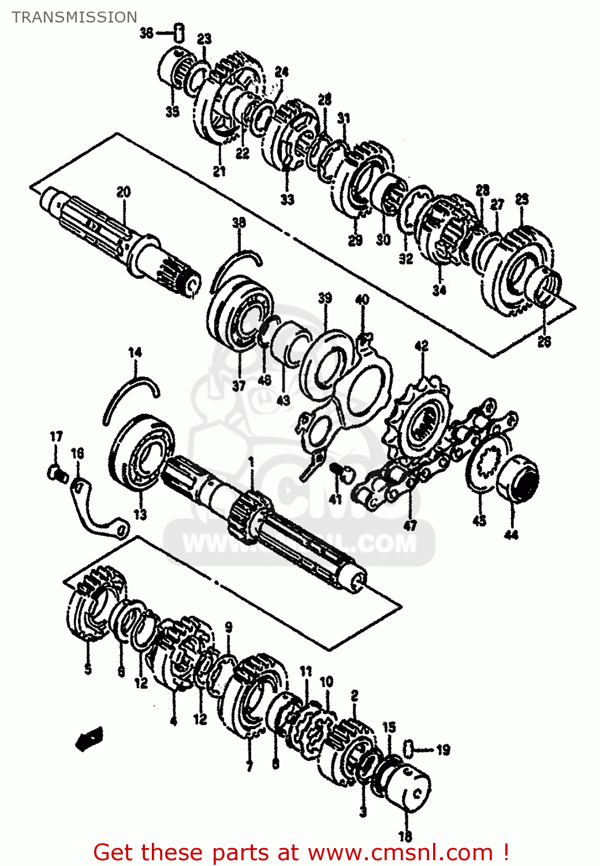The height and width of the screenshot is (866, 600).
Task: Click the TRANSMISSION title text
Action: [74, 17]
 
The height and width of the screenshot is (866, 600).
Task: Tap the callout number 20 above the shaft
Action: [124, 192]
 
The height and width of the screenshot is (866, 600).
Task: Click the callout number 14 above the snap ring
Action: [135, 352]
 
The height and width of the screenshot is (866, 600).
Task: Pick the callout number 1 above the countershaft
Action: [251, 461]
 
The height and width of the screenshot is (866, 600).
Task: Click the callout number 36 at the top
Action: [147, 33]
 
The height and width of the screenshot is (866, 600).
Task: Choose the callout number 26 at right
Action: [544, 342]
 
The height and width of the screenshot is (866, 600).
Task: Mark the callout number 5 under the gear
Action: [88, 669]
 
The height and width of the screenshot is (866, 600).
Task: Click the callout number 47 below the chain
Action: [410, 525]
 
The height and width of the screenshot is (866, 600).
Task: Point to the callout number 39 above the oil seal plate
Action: [325, 298]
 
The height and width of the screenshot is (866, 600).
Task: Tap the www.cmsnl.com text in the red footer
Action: [400, 853]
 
